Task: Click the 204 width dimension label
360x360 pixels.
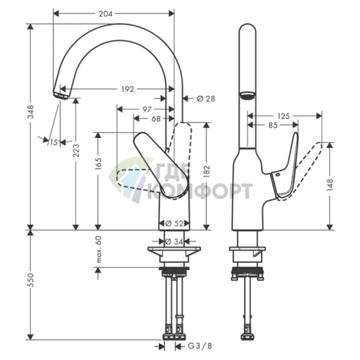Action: [x=105, y=14]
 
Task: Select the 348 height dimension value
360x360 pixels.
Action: [x=30, y=112]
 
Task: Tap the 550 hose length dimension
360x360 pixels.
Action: [x=30, y=280]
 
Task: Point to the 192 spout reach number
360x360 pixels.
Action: [x=128, y=89]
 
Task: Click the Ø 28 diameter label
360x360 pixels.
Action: [x=206, y=99]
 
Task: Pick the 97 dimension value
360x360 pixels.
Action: [x=147, y=110]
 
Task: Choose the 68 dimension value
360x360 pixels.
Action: [x=156, y=119]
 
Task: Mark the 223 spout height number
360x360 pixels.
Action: [x=76, y=150]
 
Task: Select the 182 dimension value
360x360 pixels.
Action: [x=207, y=172]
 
